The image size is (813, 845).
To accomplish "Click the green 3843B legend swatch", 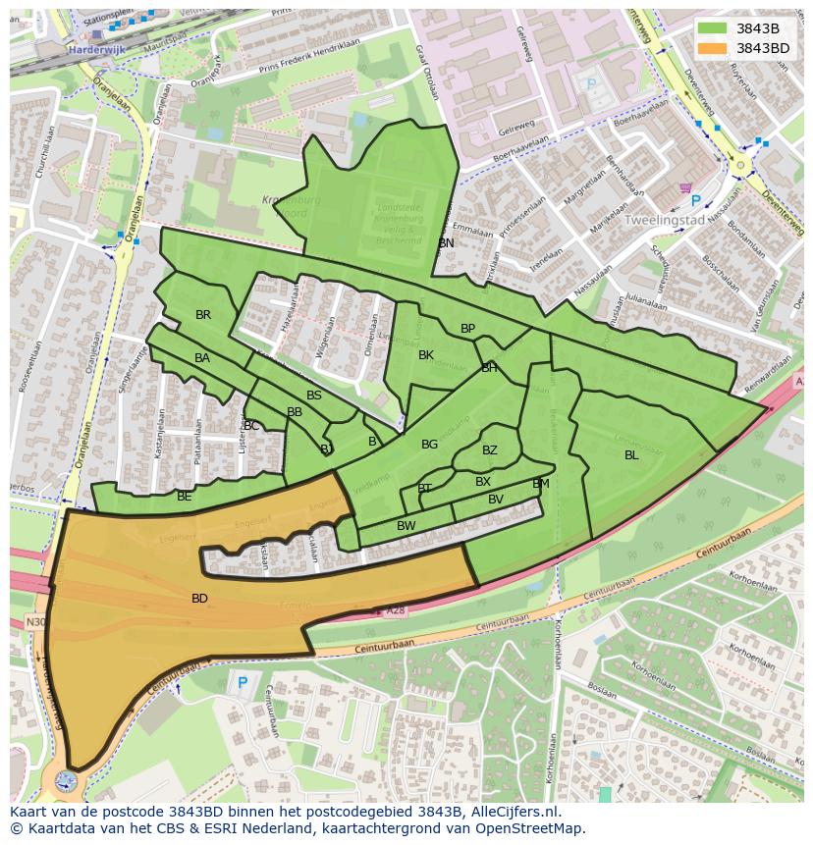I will pyautogui.click(x=713, y=28).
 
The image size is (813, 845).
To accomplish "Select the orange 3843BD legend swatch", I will pyautogui.click(x=713, y=48).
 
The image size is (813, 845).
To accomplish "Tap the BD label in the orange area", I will pyautogui.click(x=199, y=598).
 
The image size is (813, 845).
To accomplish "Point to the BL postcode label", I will pyautogui.click(x=631, y=454).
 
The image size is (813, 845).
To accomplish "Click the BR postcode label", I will pyautogui.click(x=203, y=315).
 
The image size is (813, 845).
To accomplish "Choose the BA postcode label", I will pyautogui.click(x=202, y=358).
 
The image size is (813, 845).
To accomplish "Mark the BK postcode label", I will pyautogui.click(x=426, y=354).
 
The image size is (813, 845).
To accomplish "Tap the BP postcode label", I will pyautogui.click(x=467, y=329).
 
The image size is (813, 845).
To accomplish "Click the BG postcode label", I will pyautogui.click(x=429, y=445).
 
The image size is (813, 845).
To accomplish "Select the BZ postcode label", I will pyautogui.click(x=490, y=450).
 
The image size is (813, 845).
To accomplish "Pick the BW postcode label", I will pyautogui.click(x=406, y=526).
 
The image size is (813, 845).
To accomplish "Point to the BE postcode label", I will pyautogui.click(x=185, y=497).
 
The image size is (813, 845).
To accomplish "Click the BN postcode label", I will pyautogui.click(x=447, y=242).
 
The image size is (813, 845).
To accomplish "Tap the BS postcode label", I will pyautogui.click(x=314, y=396).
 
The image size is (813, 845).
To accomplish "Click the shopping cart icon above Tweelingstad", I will pyautogui.click(x=684, y=187).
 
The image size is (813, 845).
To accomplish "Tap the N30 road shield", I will pyautogui.click(x=35, y=621).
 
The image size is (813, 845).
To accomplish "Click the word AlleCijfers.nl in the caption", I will pyautogui.click(x=513, y=812).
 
